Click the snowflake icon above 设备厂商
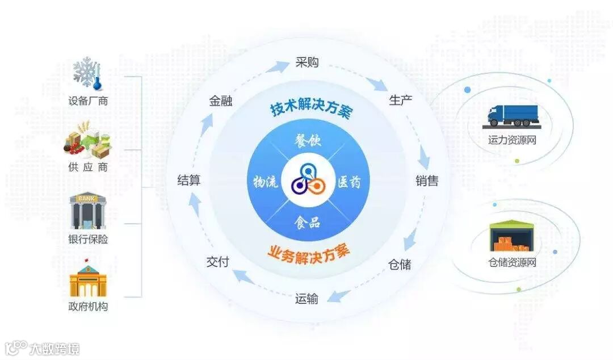[x=87, y=73]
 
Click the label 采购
[x=307, y=62]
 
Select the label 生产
[x=401, y=101]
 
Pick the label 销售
[x=427, y=181]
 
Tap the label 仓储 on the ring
[x=400, y=265]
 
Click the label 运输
[x=306, y=299]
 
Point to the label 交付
[x=217, y=262]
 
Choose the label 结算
[x=189, y=181]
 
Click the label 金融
[x=220, y=101]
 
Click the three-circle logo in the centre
[x=307, y=181]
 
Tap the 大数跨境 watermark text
[x=54, y=348]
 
